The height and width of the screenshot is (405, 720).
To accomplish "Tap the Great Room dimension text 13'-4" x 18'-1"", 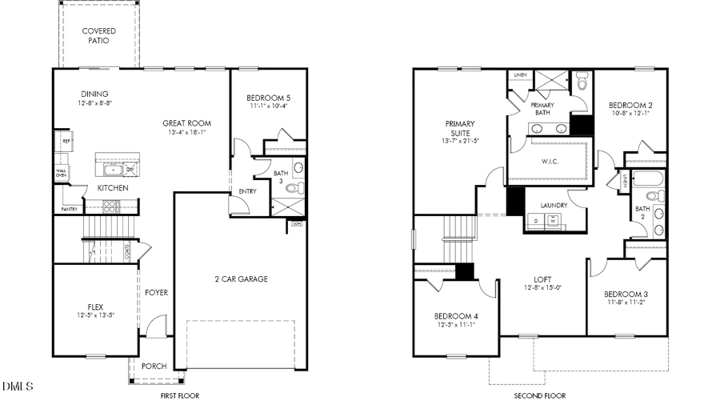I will [x=186, y=133].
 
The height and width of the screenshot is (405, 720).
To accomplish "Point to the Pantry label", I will [x=70, y=210].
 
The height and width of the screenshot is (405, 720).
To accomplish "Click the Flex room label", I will [x=95, y=307].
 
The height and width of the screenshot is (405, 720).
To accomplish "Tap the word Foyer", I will [x=156, y=293].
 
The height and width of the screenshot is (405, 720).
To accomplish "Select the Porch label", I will [x=154, y=367].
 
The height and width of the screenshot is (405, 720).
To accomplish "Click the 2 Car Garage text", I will [x=241, y=279].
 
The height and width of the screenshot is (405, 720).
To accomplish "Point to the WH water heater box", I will [x=298, y=223].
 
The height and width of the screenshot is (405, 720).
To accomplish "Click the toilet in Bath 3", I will [x=294, y=189].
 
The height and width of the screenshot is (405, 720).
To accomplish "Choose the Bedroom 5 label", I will [x=268, y=98].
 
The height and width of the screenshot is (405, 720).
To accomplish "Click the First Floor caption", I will [x=179, y=396].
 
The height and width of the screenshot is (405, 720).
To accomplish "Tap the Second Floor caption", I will [x=539, y=396].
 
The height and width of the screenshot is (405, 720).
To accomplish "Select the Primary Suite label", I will [x=460, y=129].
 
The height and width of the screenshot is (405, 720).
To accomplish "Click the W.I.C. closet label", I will [x=550, y=162].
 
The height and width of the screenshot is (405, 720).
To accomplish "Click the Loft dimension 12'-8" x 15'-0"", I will [x=542, y=288].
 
